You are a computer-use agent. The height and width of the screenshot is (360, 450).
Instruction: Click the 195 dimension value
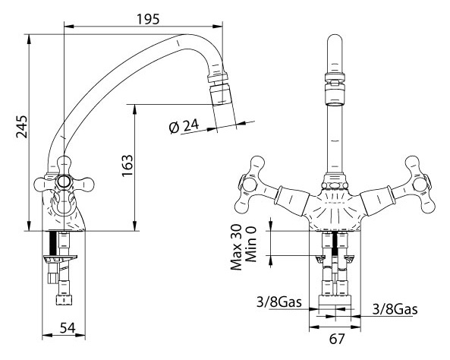click(147, 19)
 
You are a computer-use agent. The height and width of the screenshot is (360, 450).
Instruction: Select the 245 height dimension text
click(22, 127)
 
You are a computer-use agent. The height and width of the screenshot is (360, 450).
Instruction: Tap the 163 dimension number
click(127, 166)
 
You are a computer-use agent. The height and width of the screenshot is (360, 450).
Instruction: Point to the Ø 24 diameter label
click(184, 127)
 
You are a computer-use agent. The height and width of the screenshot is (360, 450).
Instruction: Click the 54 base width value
click(68, 328)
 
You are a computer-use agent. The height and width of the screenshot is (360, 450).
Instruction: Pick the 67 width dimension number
click(337, 339)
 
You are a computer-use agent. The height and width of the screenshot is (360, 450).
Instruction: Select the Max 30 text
click(237, 247)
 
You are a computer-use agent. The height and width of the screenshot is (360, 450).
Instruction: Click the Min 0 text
click(251, 244)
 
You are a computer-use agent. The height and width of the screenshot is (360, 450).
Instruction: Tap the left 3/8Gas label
click(279, 302)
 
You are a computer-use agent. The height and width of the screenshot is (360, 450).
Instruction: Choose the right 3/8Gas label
click(395, 309)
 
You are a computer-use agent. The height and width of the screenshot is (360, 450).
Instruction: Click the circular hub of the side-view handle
click(64, 182)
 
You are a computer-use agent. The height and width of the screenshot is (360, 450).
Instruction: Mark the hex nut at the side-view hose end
click(64, 300)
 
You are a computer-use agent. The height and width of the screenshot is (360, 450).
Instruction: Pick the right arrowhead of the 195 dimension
click(218, 27)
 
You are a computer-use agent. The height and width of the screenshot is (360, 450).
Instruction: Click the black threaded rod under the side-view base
click(53, 244)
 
